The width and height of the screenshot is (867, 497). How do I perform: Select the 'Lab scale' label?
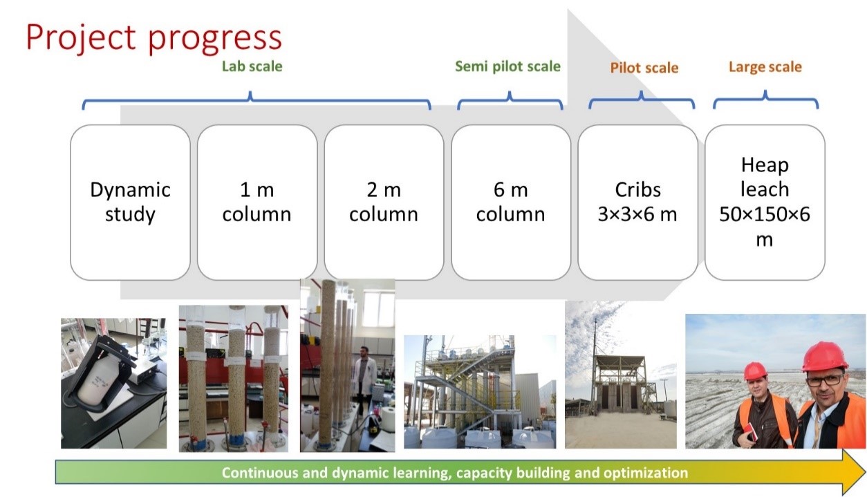click(x=252, y=66)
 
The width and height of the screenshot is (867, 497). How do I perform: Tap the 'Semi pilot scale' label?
click(x=507, y=66)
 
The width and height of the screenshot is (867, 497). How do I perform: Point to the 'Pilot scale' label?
click(x=644, y=68)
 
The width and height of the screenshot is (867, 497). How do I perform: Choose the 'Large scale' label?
click(x=765, y=67)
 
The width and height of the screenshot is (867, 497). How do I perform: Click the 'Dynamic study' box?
click(x=130, y=202)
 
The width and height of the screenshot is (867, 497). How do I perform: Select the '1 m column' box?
click(x=257, y=202)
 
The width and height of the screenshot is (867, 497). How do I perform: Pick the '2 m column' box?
click(x=384, y=202)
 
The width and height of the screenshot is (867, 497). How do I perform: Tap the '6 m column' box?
click(x=511, y=202)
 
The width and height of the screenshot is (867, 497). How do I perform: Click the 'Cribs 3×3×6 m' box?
click(x=638, y=202)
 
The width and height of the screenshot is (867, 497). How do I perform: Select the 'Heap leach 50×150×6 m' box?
click(x=765, y=202)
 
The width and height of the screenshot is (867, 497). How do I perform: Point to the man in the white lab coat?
click(x=363, y=382)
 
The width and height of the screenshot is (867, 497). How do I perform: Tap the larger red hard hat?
click(x=823, y=356)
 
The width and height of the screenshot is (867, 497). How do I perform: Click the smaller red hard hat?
click(x=755, y=371)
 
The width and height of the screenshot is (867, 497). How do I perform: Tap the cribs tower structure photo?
click(x=621, y=375)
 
